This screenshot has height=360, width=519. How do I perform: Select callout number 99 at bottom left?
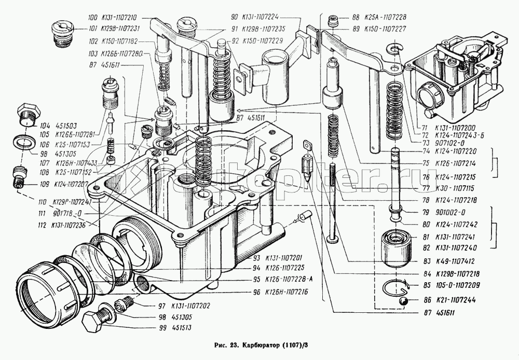pyautogui.click(x=149, y=328)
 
